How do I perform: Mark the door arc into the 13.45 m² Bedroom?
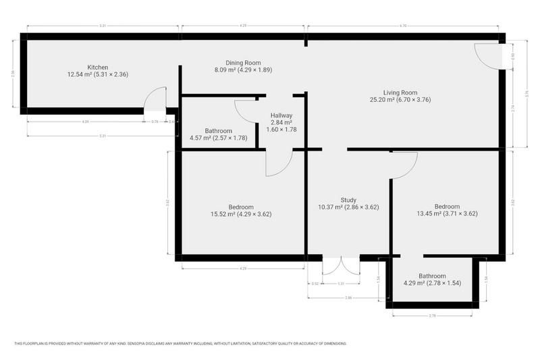404,166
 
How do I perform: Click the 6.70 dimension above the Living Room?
402,26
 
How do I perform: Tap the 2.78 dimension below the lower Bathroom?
432,315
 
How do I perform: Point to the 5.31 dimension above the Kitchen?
102,26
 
